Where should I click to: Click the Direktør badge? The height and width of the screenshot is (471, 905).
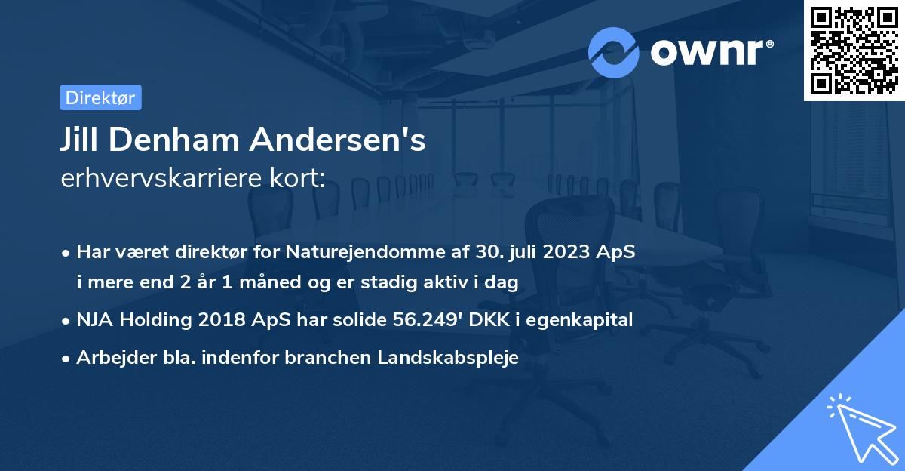100,97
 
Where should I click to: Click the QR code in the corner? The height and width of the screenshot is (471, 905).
854,50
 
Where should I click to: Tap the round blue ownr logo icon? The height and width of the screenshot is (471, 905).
614,52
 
